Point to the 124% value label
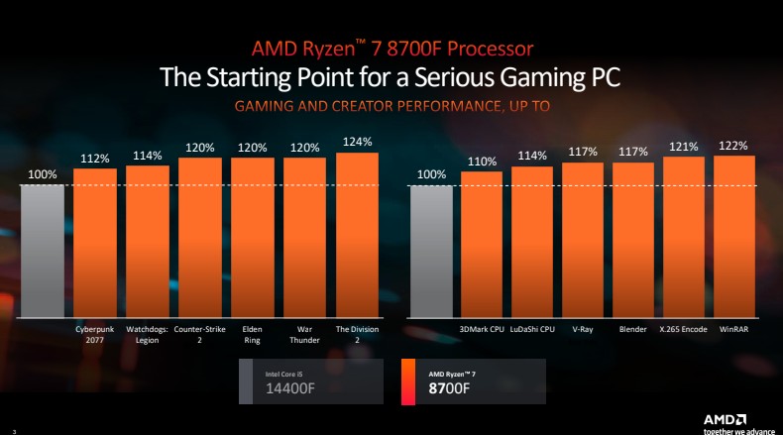[x=357, y=142]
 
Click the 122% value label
[x=734, y=145]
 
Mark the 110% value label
[x=482, y=162]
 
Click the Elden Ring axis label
[x=252, y=334]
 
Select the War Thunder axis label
[x=304, y=334]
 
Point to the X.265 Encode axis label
[x=684, y=328]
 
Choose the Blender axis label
[x=633, y=328]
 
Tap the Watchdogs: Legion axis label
[x=147, y=334]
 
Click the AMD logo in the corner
[x=725, y=418]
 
